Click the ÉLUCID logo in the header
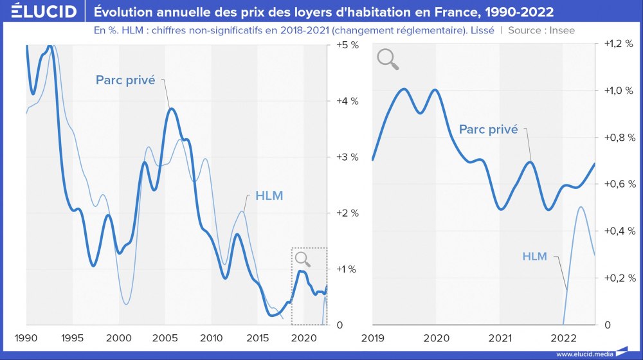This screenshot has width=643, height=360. (39, 12)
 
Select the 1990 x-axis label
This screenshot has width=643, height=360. (26, 338)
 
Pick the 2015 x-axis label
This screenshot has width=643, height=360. (258, 338)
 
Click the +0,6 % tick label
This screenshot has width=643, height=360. (619, 184)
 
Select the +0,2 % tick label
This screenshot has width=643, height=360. (619, 278)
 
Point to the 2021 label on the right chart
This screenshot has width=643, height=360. (500, 338)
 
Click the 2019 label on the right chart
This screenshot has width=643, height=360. (373, 338)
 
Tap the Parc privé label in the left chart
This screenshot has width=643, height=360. (125, 80)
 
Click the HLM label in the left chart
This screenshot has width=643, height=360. (269, 195)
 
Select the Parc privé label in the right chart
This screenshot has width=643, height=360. (488, 129)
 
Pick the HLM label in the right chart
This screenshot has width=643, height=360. (534, 256)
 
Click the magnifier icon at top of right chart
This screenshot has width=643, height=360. (388, 59)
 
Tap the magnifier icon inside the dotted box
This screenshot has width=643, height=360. (302, 259)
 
